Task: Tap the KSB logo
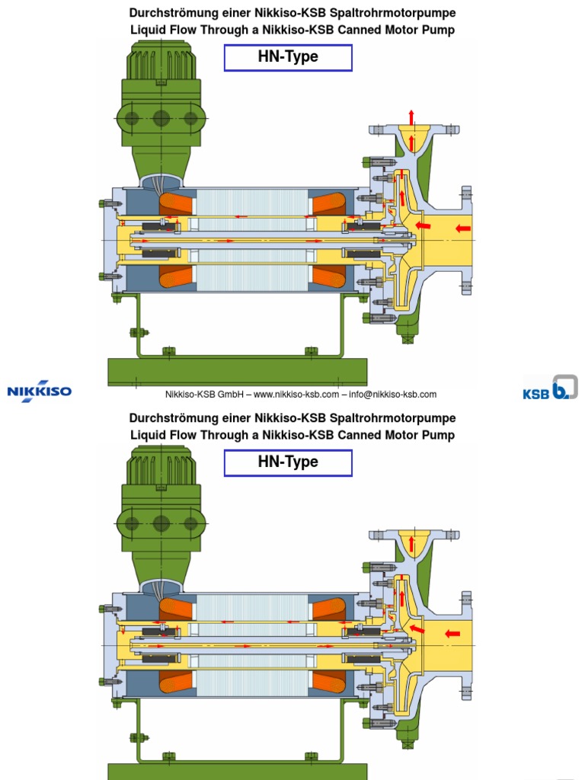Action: (550, 388)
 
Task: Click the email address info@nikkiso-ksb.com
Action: (393, 395)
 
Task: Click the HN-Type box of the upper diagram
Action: (288, 58)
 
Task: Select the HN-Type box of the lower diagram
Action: (288, 462)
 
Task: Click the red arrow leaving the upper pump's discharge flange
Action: (411, 117)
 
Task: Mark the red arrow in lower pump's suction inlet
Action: (453, 632)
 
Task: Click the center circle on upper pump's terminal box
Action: (161, 118)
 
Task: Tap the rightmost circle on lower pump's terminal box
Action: (190, 523)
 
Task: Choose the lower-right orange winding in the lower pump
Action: (329, 683)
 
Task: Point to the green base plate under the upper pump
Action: (237, 371)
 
